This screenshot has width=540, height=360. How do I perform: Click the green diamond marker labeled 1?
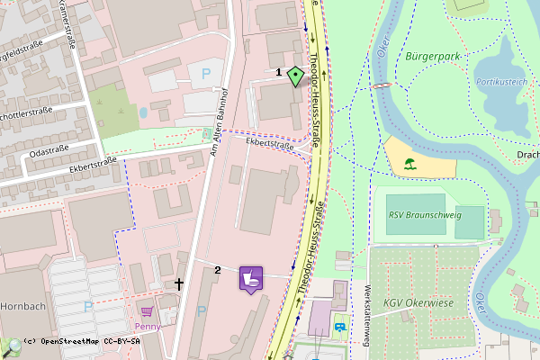pyautogui.click(x=294, y=76)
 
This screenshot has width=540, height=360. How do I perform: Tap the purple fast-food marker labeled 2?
pyautogui.click(x=251, y=278)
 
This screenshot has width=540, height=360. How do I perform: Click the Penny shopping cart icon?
pyautogui.click(x=147, y=311)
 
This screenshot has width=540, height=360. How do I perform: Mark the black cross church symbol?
pyautogui.click(x=179, y=283)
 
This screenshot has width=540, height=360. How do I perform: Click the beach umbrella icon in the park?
pyautogui.click(x=410, y=165)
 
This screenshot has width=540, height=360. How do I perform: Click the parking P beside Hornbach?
pyautogui.click(x=87, y=307)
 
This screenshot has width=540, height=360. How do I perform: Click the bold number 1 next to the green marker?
pyautogui.click(x=278, y=71)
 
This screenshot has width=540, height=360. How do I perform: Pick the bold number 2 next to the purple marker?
pyautogui.click(x=218, y=270)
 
